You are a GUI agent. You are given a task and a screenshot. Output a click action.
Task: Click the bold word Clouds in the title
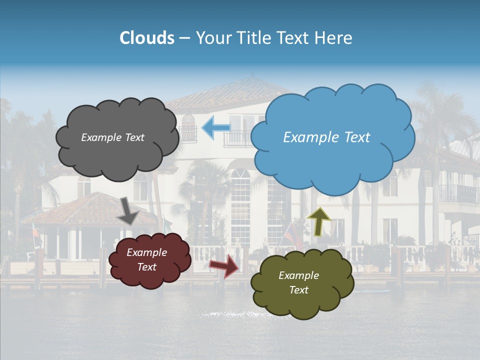147,38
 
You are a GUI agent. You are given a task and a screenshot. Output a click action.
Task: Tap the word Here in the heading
334,38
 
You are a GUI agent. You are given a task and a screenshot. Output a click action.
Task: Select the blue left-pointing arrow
215,128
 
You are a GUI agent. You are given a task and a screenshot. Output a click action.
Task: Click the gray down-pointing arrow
128,210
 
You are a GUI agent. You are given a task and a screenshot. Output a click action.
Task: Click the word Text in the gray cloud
133,137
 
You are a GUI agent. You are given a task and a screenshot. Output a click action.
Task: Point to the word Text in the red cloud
146,267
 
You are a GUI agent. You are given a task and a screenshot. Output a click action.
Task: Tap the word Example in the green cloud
298,275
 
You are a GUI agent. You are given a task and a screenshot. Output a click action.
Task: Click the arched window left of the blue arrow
188,127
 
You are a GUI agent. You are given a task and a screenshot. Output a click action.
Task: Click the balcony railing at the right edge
459,194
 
